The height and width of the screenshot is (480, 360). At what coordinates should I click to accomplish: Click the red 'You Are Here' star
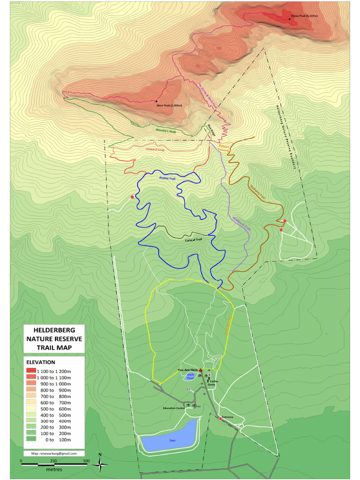(x=201, y=370)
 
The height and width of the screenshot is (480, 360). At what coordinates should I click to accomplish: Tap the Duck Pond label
(x=190, y=376)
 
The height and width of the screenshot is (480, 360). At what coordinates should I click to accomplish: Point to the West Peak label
(x=169, y=105)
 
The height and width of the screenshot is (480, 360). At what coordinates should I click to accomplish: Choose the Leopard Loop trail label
(x=155, y=150)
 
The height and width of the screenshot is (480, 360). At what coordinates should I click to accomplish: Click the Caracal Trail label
(x=193, y=239)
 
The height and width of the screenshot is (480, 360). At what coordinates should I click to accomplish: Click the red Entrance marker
(x=220, y=418)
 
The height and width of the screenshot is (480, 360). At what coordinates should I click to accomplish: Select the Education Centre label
(x=173, y=408)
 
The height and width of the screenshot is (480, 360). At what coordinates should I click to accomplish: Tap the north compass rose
(x=100, y=463)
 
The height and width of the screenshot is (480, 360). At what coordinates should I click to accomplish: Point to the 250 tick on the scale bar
(x=53, y=461)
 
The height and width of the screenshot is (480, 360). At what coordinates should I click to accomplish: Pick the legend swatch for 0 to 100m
(x=31, y=440)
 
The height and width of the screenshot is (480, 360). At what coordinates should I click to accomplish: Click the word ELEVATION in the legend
(x=41, y=362)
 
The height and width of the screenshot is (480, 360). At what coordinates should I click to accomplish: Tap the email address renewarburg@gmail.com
(x=54, y=453)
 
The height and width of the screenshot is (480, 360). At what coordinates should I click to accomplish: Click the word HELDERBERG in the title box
(x=54, y=330)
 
